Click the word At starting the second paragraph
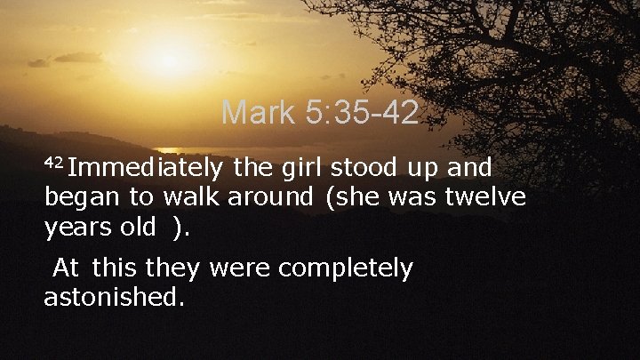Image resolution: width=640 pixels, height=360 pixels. click(67, 268)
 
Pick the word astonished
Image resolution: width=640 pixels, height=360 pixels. click(113, 296)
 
